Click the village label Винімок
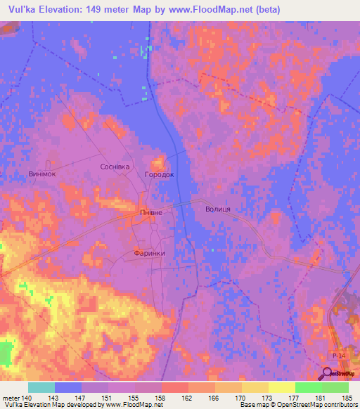point(42,174)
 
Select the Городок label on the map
point(158,174)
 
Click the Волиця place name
point(218,209)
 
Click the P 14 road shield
point(338,357)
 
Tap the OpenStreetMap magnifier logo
point(328,374)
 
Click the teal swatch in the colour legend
point(41,387)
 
